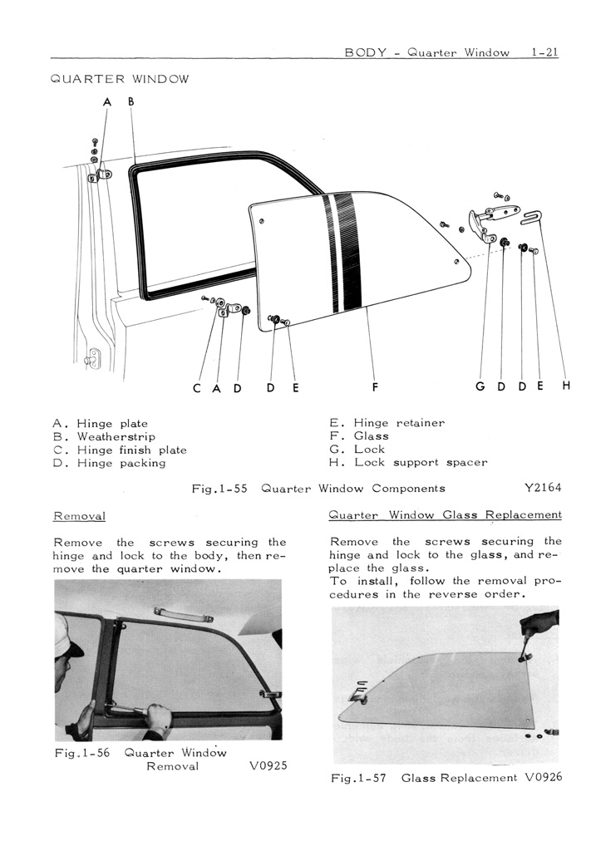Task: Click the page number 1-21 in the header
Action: (x=544, y=52)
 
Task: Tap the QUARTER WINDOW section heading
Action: (x=120, y=80)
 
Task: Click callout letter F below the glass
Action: (x=375, y=386)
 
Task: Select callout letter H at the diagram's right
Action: (x=566, y=386)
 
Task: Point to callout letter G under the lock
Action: (x=480, y=386)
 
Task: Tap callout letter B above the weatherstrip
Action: (x=131, y=101)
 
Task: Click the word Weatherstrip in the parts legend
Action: (x=116, y=436)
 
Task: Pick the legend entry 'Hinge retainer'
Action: (x=399, y=423)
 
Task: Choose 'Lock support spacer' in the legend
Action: (x=421, y=462)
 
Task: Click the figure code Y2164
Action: (x=541, y=488)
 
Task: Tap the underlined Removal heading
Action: (x=78, y=516)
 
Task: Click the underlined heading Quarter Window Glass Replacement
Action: (x=446, y=514)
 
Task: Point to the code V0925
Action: (x=268, y=765)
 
